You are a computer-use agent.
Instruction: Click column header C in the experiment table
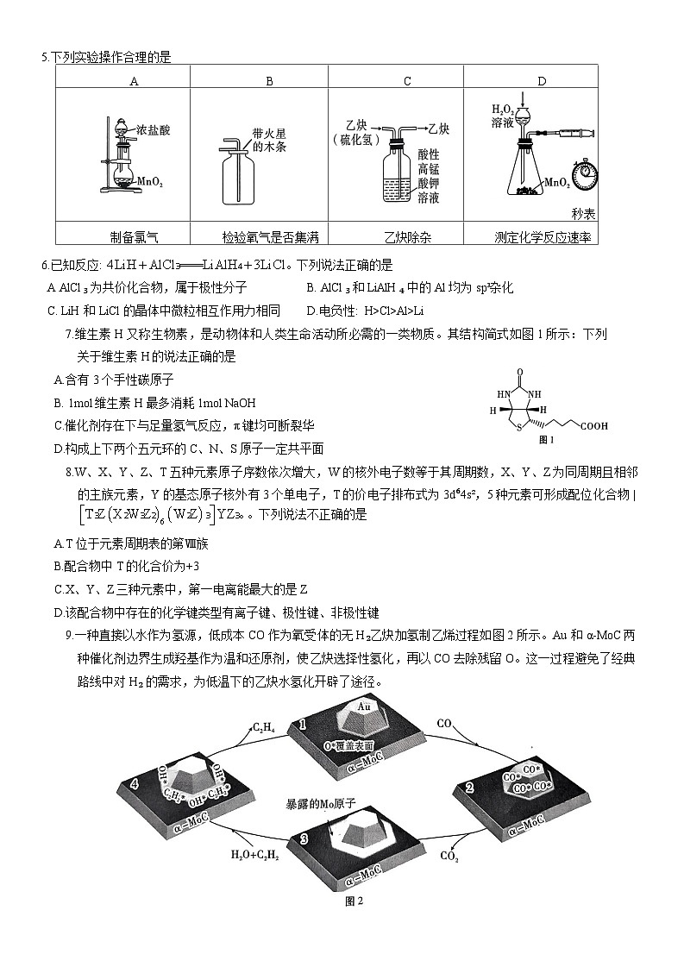(407, 81)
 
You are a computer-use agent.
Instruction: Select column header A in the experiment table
(134, 81)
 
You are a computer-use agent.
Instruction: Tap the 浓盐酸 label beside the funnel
(153, 131)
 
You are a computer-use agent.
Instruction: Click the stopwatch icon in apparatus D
(587, 169)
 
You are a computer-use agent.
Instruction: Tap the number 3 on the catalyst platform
(304, 838)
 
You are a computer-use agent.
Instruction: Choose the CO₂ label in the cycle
(449, 856)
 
